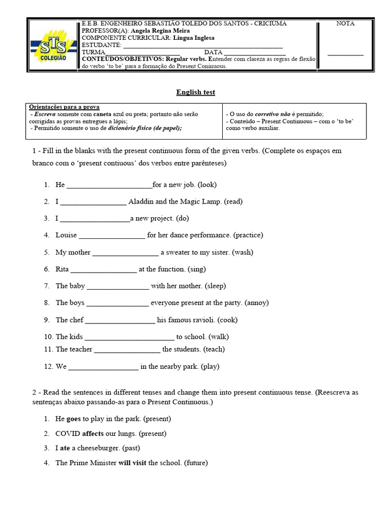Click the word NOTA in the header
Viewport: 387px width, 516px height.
tap(345, 24)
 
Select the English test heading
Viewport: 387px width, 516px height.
tap(196, 92)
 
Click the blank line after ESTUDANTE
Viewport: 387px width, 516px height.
tap(200, 45)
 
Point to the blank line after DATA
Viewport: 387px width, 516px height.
tap(254, 52)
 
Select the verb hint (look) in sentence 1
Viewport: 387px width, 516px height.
tap(207, 185)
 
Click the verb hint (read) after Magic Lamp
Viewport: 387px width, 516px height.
tap(233, 202)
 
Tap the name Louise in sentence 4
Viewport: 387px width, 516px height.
tap(66, 235)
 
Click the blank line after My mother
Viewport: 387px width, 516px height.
tap(125, 252)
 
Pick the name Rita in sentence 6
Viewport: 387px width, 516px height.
tap(62, 270)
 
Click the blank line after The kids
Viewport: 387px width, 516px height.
tap(128, 337)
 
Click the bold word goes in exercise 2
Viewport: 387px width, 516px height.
tap(74, 419)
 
